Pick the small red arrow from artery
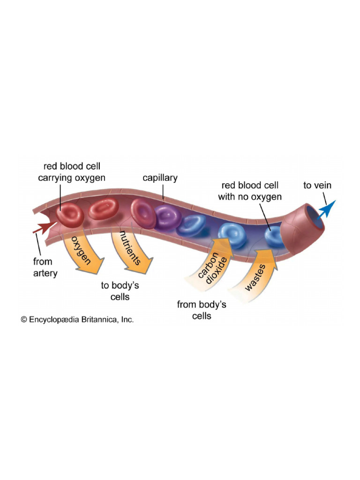click(43, 228)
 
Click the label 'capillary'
click(160, 178)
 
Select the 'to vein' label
click(317, 185)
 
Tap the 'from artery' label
click(45, 267)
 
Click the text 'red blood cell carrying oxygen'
click(72, 172)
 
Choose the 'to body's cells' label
click(120, 291)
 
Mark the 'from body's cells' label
click(202, 310)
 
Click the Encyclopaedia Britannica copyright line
click(77, 320)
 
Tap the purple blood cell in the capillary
click(167, 216)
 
